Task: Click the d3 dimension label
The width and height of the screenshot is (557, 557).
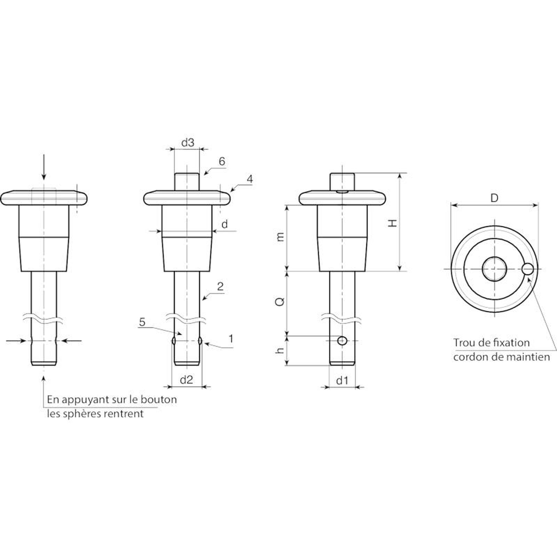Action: pos(188,143)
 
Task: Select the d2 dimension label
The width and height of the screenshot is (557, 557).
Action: pos(187,380)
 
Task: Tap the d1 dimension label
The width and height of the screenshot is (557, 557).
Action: pos(342,381)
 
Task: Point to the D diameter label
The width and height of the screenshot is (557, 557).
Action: pos(494,198)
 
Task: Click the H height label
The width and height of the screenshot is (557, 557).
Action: pos(393,223)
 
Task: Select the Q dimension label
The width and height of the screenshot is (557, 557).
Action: pos(280,301)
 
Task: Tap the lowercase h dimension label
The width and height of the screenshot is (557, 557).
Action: pos(280,351)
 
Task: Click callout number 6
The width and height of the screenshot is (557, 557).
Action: pos(222,161)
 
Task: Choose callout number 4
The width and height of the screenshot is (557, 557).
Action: pos(250,179)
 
